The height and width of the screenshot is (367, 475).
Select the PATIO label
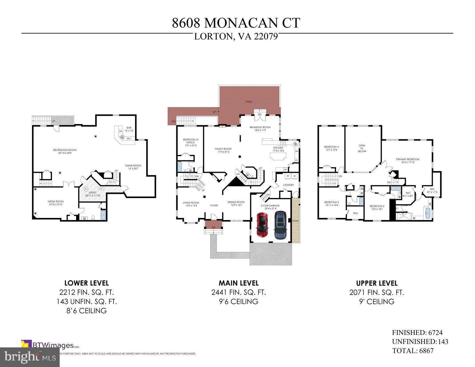249,102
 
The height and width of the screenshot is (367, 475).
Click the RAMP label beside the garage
295,221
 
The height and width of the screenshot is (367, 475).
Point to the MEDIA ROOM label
56,202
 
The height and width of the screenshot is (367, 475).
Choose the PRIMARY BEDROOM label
408,159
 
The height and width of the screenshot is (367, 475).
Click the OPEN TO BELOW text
362,148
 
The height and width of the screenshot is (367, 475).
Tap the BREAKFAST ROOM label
260,127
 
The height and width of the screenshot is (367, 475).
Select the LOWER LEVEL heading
86,283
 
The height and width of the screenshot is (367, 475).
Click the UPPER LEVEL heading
377,283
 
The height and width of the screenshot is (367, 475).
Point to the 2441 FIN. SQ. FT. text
238,292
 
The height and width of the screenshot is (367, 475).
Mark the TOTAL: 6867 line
413,351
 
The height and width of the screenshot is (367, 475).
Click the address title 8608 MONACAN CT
236,23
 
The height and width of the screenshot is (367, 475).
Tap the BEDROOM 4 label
331,147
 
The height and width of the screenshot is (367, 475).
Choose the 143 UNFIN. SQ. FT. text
87,302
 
